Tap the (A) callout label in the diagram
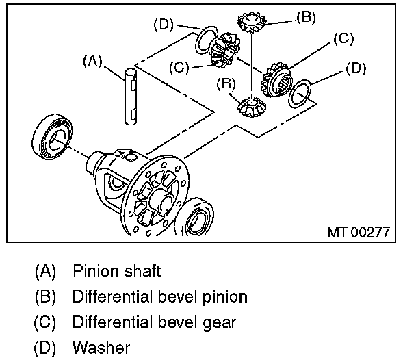(x=92, y=61)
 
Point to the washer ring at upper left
(x=206, y=40)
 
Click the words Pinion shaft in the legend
(x=117, y=271)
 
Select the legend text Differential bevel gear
(x=154, y=322)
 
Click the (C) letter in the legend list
(x=47, y=322)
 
